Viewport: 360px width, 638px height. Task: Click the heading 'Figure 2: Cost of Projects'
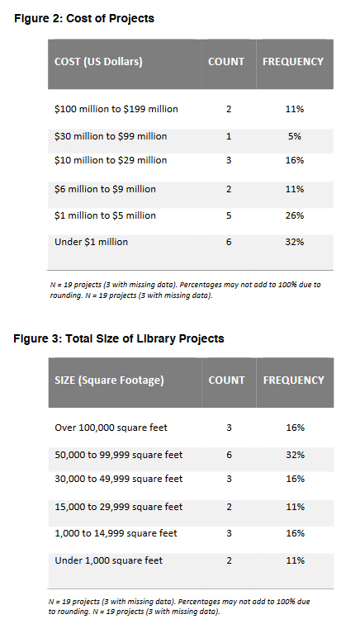[84, 19]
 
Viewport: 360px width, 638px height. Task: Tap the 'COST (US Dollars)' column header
[98, 62]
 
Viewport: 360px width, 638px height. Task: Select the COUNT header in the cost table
[226, 61]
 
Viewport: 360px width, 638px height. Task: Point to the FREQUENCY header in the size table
[294, 380]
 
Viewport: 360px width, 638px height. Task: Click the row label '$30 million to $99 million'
[111, 136]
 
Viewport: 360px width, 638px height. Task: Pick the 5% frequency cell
[295, 136]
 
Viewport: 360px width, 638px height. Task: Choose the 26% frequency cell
[295, 215]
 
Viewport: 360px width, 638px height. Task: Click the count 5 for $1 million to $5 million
[229, 215]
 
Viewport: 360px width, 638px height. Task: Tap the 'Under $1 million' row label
[91, 242]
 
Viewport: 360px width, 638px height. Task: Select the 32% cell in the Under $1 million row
[295, 242]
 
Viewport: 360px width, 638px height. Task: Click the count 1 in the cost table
[229, 136]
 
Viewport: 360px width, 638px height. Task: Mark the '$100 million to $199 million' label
[116, 109]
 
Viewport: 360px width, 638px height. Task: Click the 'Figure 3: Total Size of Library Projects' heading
[119, 338]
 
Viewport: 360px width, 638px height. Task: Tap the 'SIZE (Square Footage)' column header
[109, 380]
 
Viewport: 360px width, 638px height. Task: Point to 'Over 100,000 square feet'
[111, 428]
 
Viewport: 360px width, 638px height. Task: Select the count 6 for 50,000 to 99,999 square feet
[229, 455]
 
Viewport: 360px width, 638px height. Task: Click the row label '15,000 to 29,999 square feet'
[119, 507]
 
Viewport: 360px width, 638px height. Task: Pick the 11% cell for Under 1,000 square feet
[295, 560]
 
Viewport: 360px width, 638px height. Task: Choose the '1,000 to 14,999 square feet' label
[116, 533]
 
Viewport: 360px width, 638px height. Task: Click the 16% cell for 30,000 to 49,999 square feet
[295, 479]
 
